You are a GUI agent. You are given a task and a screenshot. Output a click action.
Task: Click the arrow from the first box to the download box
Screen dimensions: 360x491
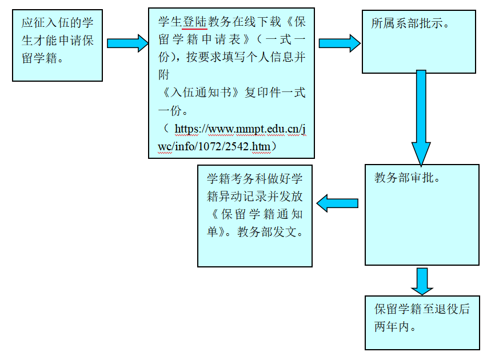click(x=127, y=43)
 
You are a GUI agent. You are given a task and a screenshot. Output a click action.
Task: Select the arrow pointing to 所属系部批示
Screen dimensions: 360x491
click(x=339, y=43)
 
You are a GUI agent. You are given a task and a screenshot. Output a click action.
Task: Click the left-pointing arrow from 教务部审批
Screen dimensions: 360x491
click(x=338, y=203)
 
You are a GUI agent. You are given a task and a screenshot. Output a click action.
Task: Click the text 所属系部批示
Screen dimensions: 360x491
click(x=410, y=25)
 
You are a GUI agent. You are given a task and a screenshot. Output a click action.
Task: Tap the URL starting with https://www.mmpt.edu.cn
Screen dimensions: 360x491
click(x=240, y=129)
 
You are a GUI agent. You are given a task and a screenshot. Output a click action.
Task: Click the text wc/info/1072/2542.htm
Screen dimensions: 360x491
click(x=217, y=147)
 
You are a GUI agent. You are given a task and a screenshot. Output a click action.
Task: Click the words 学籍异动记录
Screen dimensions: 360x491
click(x=242, y=197)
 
